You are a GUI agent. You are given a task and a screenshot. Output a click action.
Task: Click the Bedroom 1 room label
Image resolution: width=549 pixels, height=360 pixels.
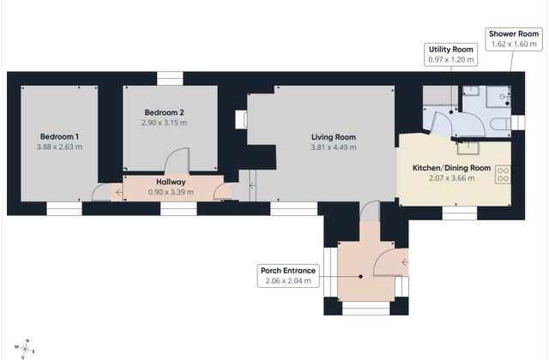click(x=59, y=137)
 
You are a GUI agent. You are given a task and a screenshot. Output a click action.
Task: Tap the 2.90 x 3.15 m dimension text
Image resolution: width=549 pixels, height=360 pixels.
click(x=164, y=123)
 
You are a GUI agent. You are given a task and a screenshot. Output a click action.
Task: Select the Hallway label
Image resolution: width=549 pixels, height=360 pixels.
click(x=171, y=182)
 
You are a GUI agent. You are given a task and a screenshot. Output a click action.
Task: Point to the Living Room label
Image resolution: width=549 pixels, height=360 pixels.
click(x=334, y=137)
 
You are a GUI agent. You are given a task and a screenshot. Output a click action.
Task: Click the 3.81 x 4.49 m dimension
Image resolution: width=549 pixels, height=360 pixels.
click(x=334, y=147)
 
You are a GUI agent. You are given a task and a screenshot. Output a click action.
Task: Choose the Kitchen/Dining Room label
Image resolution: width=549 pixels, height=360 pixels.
click(x=452, y=168)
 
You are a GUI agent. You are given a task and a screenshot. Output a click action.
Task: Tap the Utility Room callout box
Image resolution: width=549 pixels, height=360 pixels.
click(x=451, y=55)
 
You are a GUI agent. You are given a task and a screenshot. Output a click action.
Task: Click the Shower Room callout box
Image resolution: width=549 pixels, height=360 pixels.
click(x=514, y=39)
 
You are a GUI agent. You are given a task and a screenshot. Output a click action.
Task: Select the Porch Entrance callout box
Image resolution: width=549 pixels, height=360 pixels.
click(x=288, y=276)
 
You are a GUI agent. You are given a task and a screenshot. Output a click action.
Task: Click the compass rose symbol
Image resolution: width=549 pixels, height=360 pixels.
click(x=25, y=349)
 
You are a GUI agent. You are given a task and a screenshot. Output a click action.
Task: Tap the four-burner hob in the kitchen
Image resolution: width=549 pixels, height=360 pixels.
click(x=504, y=175)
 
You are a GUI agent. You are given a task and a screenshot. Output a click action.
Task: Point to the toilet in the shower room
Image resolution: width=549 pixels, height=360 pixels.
click(x=501, y=123)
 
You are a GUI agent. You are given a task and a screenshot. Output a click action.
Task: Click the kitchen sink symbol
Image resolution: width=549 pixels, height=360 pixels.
click(x=468, y=148)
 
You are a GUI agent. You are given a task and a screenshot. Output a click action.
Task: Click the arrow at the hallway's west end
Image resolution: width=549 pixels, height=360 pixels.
click(x=119, y=192)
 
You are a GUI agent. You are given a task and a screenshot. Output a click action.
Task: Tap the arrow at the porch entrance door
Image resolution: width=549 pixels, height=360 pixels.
click(x=405, y=262)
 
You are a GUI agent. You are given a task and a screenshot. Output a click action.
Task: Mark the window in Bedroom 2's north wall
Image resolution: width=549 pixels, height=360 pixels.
click(x=170, y=78)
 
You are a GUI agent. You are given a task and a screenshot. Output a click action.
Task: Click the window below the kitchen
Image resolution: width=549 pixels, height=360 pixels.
click(x=460, y=213)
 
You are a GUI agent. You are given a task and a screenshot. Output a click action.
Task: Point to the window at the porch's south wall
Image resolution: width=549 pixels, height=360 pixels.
click(x=366, y=308)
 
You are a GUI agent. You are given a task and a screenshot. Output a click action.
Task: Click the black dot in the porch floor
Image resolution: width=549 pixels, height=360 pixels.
click(x=360, y=276)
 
